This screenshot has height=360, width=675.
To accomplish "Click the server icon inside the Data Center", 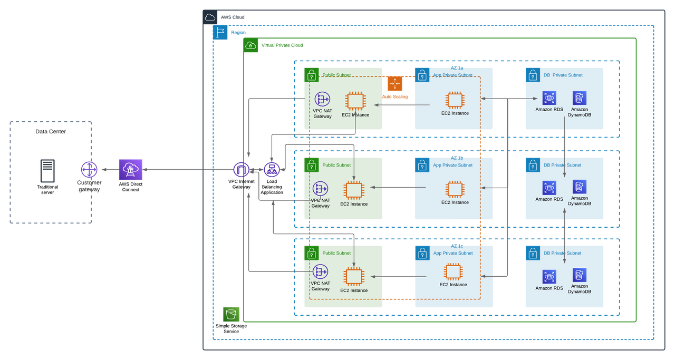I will tap(47, 171).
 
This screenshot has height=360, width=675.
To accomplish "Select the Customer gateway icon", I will tap(89, 169).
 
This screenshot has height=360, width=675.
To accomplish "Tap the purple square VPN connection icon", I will tap(128, 169).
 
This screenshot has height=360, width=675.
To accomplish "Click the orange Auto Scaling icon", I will tap(395, 84).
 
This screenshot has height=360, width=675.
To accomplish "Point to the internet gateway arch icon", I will tap(242, 169).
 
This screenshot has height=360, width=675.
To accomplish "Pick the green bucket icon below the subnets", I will tap(231, 314).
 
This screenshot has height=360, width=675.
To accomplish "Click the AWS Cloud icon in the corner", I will tap(210, 17).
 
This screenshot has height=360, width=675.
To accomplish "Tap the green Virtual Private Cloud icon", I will tap(250, 45).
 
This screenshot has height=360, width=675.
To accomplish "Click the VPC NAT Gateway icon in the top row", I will tap(321, 99).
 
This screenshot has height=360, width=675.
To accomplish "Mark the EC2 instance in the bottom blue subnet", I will tap(452, 271).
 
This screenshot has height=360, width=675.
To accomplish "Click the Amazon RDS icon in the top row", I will tap(549, 98).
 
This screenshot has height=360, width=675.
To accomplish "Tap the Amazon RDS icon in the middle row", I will tap(549, 187).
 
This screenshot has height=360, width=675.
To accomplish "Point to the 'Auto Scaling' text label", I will tap(395, 97).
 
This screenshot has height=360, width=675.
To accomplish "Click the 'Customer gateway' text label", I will tap(89, 186).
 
